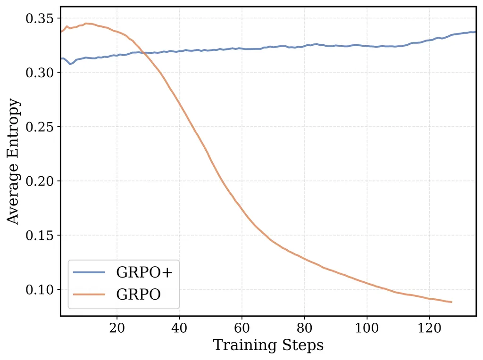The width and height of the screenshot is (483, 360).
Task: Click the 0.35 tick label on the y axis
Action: tap(40, 18)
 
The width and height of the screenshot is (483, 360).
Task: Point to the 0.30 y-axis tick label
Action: tap(40, 73)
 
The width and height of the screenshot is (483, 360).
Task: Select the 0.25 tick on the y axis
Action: tap(40, 127)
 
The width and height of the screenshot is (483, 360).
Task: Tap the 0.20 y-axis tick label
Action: tap(40, 181)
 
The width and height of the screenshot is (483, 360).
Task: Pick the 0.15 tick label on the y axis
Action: tap(40, 235)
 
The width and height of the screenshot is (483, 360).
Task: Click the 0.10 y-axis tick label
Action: tap(40, 289)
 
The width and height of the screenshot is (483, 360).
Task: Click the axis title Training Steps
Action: tap(268, 345)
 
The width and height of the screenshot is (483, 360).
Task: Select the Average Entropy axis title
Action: tap(14, 162)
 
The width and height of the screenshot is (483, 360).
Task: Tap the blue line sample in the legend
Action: tap(90, 272)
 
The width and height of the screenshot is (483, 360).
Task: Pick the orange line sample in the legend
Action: tap(90, 295)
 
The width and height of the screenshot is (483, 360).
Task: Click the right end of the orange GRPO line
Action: tap(451, 302)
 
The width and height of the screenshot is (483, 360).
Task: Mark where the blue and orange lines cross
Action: tap(142, 52)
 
